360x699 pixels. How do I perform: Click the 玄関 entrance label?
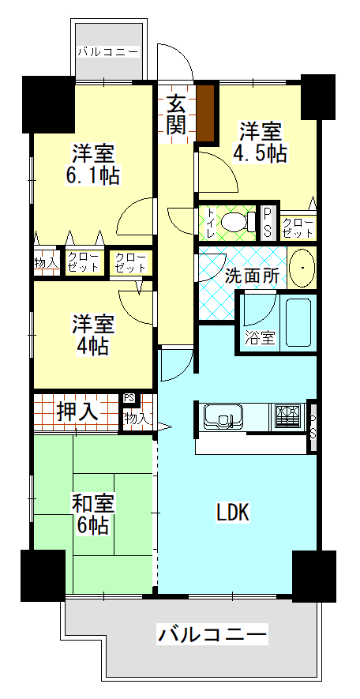click(x=176, y=114)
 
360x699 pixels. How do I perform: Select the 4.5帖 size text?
click(x=259, y=153)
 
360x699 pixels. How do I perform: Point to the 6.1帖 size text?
click(x=93, y=175)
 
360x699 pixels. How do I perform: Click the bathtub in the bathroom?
click(x=298, y=322)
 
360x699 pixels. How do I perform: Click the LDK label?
click(x=233, y=513)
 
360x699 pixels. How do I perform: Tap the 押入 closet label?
click(x=77, y=412)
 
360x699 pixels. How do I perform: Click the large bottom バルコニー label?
click(x=212, y=634)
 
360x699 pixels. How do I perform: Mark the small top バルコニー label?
click(x=108, y=52)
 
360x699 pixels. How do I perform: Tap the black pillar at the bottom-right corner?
click(x=314, y=576)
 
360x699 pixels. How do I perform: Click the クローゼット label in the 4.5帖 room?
click(x=298, y=227)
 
